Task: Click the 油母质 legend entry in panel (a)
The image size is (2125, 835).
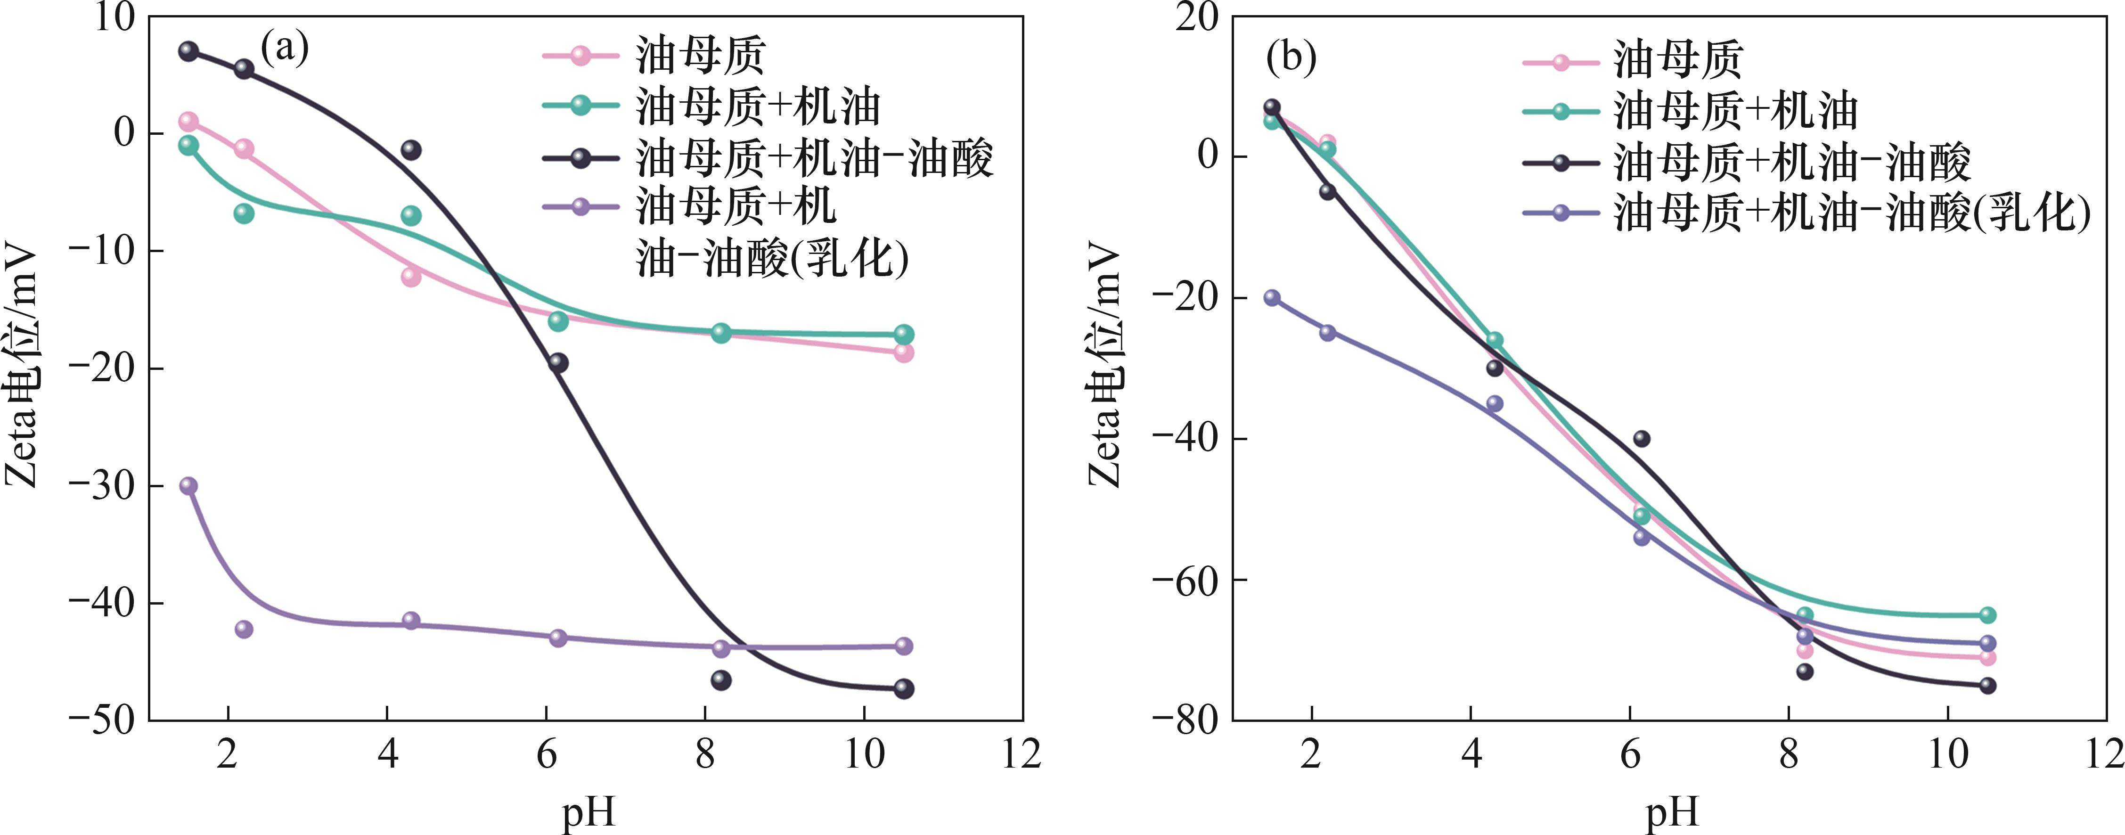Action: click(700, 55)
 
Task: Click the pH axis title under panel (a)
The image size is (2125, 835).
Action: click(588, 813)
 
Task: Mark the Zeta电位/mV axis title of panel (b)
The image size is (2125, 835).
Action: click(1105, 367)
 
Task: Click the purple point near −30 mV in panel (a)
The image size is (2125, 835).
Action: click(189, 485)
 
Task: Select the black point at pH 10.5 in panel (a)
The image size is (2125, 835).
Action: click(903, 688)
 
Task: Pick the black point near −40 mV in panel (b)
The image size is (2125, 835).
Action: click(1642, 438)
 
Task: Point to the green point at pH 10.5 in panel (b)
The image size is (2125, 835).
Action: click(1987, 614)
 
